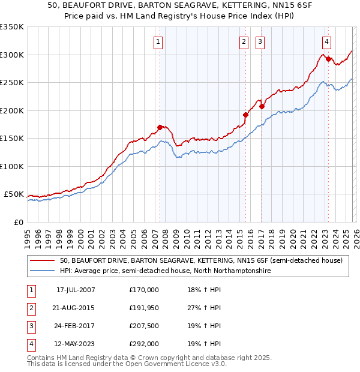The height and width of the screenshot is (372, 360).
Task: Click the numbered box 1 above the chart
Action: tap(157, 41)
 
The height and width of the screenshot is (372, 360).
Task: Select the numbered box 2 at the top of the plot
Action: tap(244, 41)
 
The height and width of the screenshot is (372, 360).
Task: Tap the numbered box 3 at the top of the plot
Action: tap(260, 41)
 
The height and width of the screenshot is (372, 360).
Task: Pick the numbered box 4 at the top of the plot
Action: tap(326, 41)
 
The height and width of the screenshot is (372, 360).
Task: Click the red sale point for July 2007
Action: tap(160, 127)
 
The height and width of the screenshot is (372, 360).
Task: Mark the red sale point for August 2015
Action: tap(245, 115)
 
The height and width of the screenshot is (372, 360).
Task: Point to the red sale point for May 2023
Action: tap(328, 59)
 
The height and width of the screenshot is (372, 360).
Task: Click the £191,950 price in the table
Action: tap(144, 308)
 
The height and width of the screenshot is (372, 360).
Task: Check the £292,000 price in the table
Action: tap(144, 344)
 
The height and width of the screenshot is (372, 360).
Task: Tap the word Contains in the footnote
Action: tap(42, 358)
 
